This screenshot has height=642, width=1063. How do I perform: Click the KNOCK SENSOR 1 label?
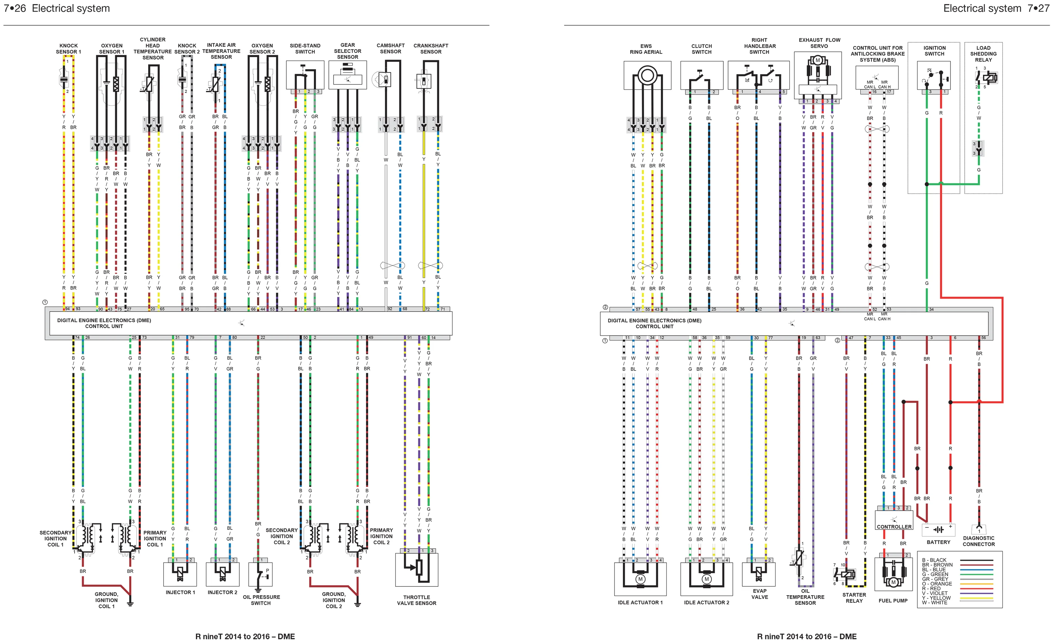68,49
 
